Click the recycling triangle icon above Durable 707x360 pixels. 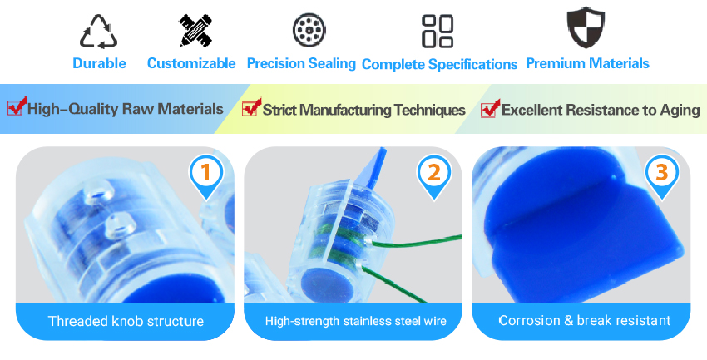coord(99,32)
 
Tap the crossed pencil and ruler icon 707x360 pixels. coord(195,30)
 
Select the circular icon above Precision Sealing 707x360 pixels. coord(309,30)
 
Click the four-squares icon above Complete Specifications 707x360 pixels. coord(438,31)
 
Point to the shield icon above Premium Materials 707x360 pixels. coord(586,27)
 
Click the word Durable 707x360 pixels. coord(99,63)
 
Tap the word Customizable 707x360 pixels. coord(191,63)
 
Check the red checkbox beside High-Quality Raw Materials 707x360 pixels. coord(17,106)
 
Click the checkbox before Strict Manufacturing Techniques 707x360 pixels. coord(251,108)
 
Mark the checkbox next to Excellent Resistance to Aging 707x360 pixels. coord(490,109)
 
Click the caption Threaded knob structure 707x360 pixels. coord(126,321)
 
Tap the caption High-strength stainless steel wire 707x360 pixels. coord(356,321)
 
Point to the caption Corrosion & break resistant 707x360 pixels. coord(585,320)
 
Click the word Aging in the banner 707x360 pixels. coord(680,111)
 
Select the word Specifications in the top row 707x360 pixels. coord(472,64)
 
